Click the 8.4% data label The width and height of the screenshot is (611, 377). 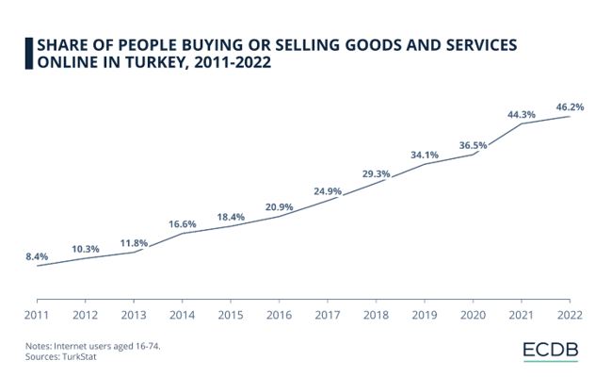(x=38, y=255)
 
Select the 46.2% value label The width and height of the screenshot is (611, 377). (x=570, y=107)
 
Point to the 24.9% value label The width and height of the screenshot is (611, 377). (x=327, y=191)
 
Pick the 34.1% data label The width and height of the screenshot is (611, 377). (x=425, y=155)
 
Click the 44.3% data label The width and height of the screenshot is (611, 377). (x=521, y=114)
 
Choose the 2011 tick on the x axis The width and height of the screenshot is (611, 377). (x=37, y=314)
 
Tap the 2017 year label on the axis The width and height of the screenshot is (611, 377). (x=327, y=314)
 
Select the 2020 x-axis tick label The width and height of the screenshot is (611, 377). (x=473, y=314)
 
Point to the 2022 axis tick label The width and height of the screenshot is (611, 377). (x=569, y=314)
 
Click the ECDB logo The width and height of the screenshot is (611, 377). (x=551, y=351)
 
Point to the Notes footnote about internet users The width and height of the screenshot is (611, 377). (x=93, y=347)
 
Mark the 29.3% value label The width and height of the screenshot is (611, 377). (x=376, y=173)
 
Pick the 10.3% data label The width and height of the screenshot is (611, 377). (x=86, y=249)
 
